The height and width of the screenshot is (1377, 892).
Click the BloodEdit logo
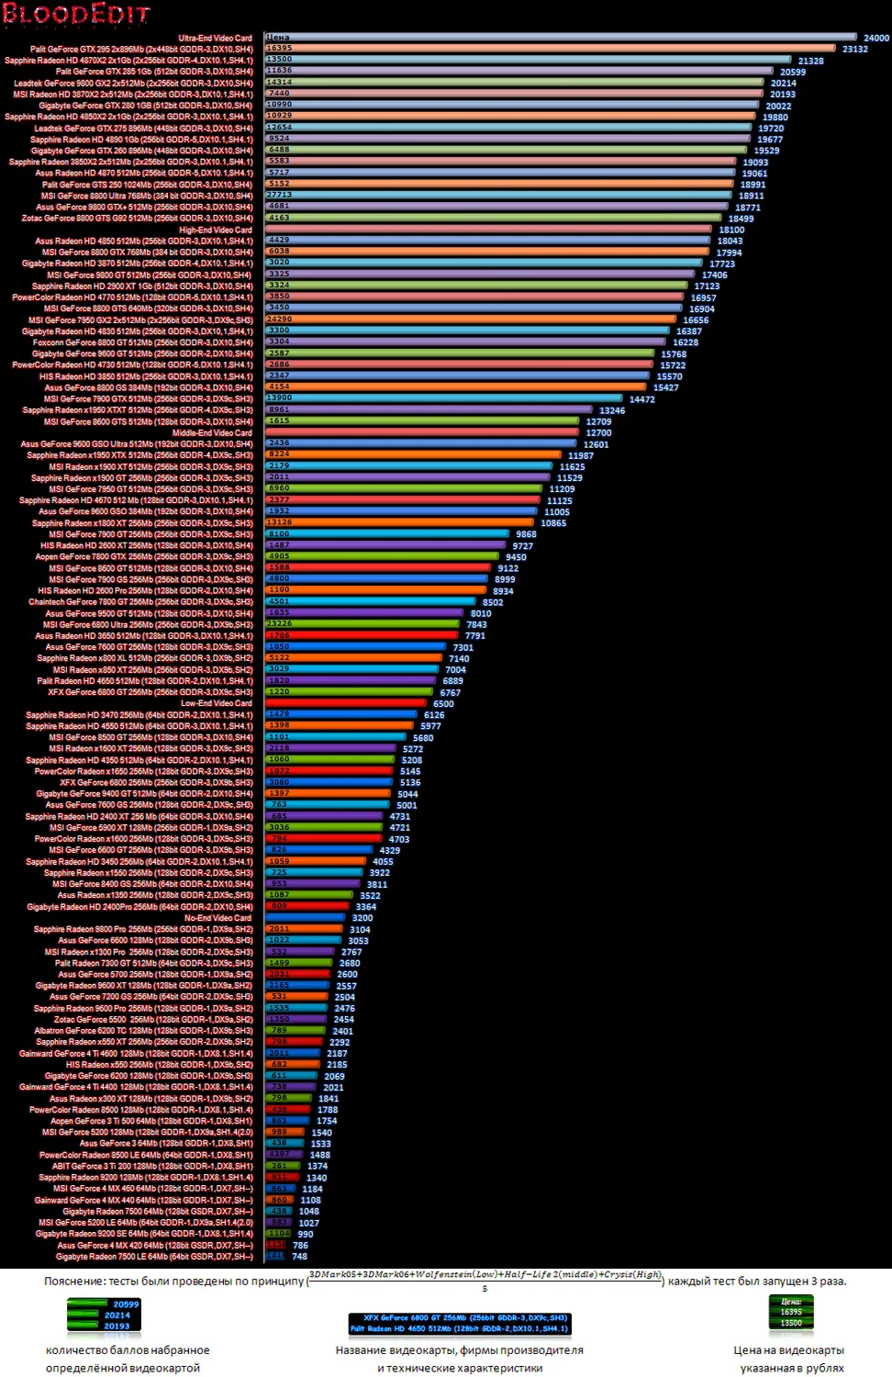[x=75, y=15]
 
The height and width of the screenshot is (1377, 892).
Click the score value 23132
[x=854, y=50]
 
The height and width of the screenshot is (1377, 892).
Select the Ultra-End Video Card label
[x=215, y=39]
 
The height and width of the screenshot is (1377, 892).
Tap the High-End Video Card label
[x=215, y=229]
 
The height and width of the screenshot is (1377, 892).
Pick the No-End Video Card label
[x=217, y=918]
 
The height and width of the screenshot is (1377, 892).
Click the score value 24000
[x=875, y=39]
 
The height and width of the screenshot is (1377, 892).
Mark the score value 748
[x=299, y=1257]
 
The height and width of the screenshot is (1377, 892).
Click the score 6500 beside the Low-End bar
[x=443, y=704]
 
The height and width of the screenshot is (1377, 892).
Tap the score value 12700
[x=598, y=433]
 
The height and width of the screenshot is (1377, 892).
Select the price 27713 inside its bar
[x=279, y=196]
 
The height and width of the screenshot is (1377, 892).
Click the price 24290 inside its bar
[x=279, y=319]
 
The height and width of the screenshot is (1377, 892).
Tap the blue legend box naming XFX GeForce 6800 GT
[x=460, y=1323]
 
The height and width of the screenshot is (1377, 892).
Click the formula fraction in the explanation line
[x=485, y=1281]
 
